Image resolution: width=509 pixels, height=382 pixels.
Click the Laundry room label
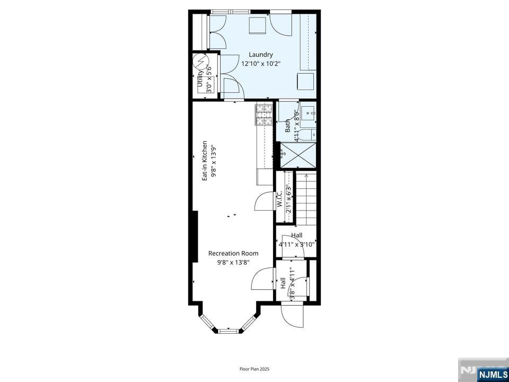click(x=261, y=55)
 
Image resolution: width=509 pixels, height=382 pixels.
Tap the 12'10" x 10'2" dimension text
click(x=261, y=64)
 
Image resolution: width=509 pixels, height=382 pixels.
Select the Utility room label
click(x=200, y=80)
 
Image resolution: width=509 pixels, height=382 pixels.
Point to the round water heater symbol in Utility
click(x=201, y=63)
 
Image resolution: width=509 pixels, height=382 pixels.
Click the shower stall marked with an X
click(x=297, y=156)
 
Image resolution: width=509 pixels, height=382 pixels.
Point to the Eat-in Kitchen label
click(x=205, y=161)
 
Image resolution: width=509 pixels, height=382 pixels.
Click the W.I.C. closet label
click(x=279, y=199)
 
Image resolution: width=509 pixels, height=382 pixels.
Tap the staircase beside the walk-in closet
click(x=306, y=198)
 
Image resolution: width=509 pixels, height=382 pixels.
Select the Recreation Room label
click(x=233, y=253)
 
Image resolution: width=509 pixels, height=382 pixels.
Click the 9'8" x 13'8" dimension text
click(x=233, y=262)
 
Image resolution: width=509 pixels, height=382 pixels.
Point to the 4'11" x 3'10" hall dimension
click(x=297, y=245)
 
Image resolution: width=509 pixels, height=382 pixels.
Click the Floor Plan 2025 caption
click(x=254, y=368)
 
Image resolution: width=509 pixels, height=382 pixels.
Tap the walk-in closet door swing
click(x=264, y=202)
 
